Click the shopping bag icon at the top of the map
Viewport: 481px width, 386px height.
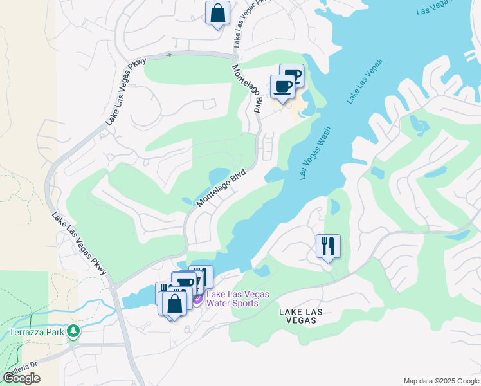click(217, 13)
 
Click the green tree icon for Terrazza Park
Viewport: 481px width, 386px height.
click(74, 331)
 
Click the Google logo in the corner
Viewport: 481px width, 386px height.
click(21, 378)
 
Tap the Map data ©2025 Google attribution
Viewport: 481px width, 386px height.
click(440, 381)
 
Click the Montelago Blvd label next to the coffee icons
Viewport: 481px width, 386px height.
click(248, 90)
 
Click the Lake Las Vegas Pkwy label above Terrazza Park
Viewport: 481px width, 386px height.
click(78, 244)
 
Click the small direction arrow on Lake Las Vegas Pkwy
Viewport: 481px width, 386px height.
click(169, 55)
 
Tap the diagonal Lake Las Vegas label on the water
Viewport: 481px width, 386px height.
click(365, 81)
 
